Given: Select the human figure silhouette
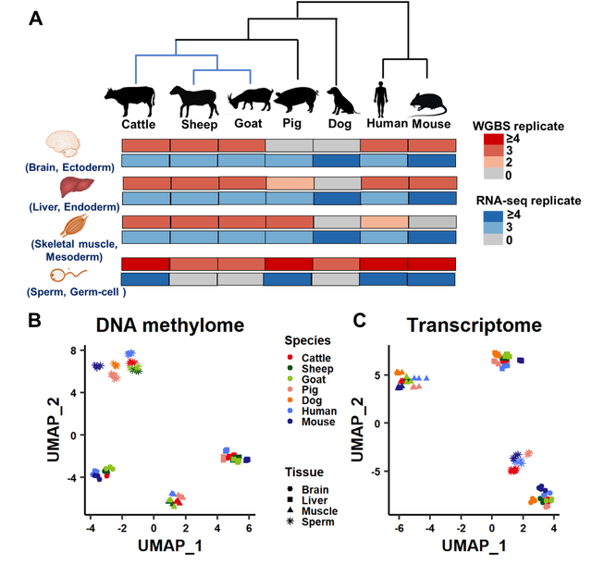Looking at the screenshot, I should pyautogui.click(x=380, y=98).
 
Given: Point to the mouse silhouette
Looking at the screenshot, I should pyautogui.click(x=428, y=102).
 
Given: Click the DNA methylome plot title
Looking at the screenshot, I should pyautogui.click(x=170, y=325).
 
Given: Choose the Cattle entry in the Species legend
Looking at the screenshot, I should pyautogui.click(x=314, y=358).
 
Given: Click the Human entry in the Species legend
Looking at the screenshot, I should pyautogui.click(x=317, y=411).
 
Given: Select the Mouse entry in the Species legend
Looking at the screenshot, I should pyautogui.click(x=317, y=423).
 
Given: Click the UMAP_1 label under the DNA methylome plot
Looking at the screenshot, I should pyautogui.click(x=169, y=546).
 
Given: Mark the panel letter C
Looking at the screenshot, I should pyautogui.click(x=360, y=321).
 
